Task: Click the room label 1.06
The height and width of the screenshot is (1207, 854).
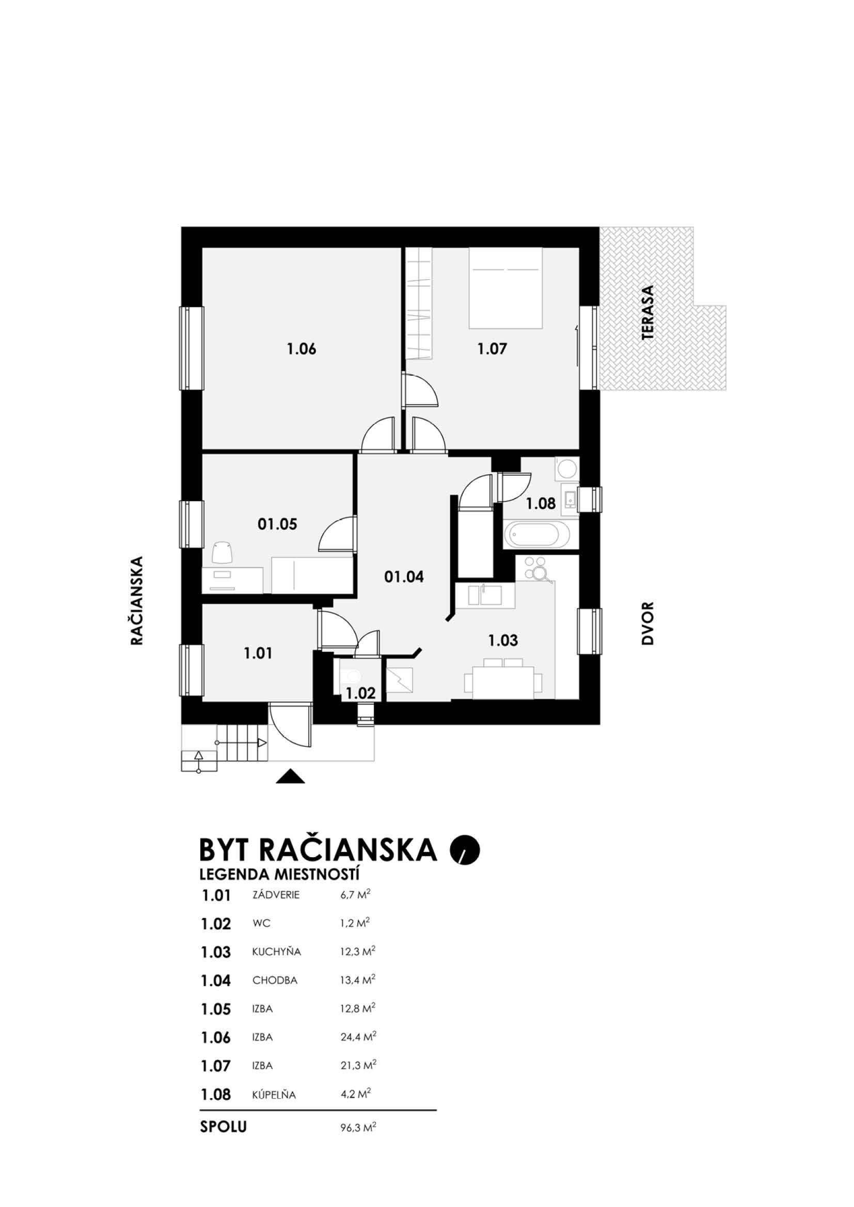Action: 302,348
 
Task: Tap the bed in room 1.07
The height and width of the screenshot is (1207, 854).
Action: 505,288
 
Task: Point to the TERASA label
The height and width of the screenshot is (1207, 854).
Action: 648,312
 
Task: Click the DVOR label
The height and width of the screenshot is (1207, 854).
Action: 647,623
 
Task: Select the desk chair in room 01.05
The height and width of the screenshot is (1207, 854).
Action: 222,553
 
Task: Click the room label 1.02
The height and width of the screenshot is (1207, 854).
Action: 360,694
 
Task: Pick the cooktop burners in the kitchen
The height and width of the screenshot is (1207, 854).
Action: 537,569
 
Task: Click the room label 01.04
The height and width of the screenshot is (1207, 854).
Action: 404,577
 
